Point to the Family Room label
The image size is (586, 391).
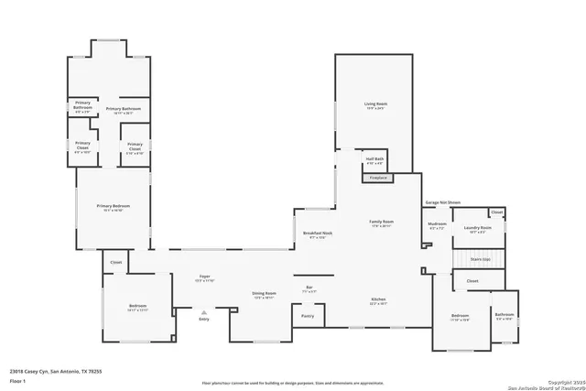(381, 223)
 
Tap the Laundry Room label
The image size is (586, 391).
(478, 228)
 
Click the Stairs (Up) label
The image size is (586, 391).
(480, 259)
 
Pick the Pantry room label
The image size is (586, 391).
(307, 316)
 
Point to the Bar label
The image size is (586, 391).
(309, 288)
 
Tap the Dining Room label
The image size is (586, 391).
(264, 294)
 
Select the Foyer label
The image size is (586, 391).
(205, 276)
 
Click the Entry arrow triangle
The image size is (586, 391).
(204, 311)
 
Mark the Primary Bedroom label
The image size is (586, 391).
(114, 207)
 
